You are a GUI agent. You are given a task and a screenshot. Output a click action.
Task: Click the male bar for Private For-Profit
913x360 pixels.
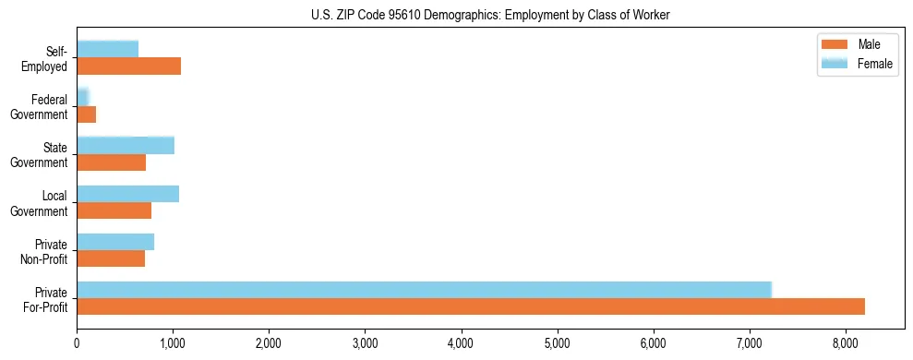[471, 306]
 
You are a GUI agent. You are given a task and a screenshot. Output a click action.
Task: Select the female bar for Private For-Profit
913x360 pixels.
[424, 290]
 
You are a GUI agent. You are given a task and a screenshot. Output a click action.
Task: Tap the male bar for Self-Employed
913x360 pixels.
[128, 66]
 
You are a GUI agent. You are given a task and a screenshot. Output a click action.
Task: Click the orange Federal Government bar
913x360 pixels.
[86, 114]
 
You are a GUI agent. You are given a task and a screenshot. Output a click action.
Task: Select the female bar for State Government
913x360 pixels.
[126, 145]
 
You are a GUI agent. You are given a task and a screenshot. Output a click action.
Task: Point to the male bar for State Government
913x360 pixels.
[111, 162]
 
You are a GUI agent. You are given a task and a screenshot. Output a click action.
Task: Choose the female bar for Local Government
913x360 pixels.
[127, 194]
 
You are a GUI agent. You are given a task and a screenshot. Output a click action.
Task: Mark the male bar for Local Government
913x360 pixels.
[114, 210]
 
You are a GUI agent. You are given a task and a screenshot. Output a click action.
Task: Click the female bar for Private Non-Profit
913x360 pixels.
[115, 242]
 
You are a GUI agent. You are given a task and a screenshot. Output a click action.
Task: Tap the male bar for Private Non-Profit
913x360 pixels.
[111, 258]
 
